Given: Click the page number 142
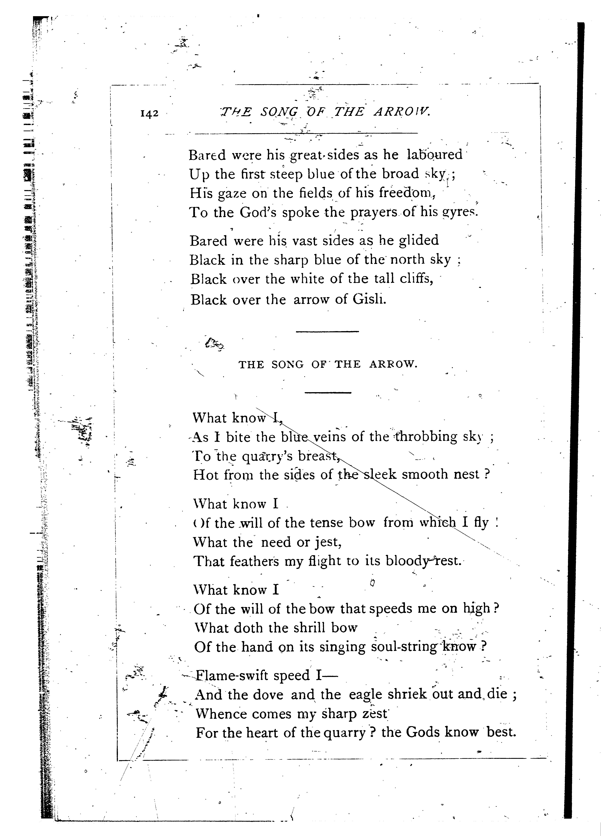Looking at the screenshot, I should pos(149,114).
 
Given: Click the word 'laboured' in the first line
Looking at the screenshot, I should pos(434,154).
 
